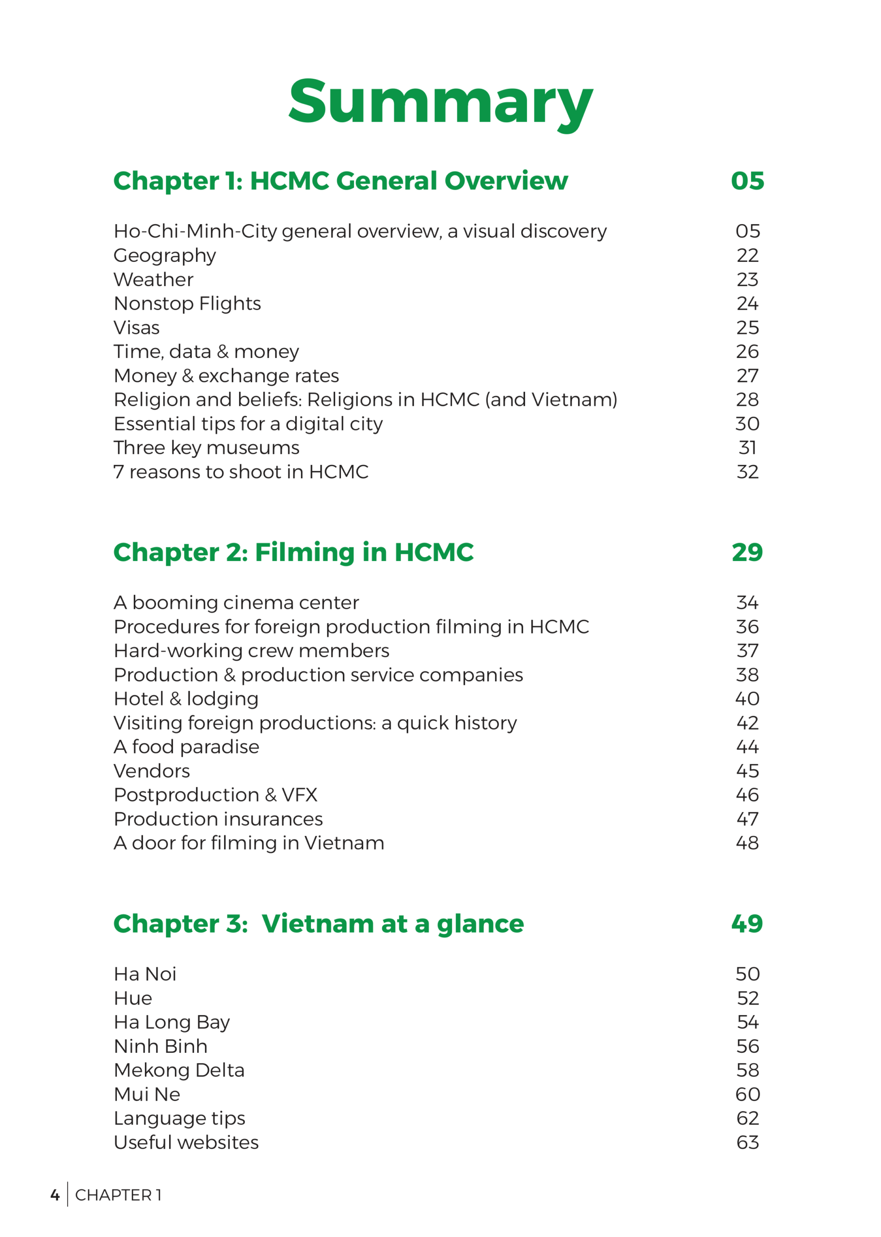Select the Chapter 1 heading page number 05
[747, 181]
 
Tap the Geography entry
[164, 256]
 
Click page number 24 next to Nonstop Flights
[747, 303]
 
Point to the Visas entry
[136, 328]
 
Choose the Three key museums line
[206, 447]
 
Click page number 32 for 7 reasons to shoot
[747, 472]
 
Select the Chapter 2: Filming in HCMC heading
[293, 552]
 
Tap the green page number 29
[747, 552]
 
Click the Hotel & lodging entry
[185, 699]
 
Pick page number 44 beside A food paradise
[747, 747]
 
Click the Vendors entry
[151, 771]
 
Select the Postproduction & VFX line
[215, 795]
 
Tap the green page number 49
[747, 924]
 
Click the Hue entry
[133, 998]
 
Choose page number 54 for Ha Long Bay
[747, 1022]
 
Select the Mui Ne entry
[146, 1094]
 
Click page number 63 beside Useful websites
[747, 1143]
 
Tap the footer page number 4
[55, 1195]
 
